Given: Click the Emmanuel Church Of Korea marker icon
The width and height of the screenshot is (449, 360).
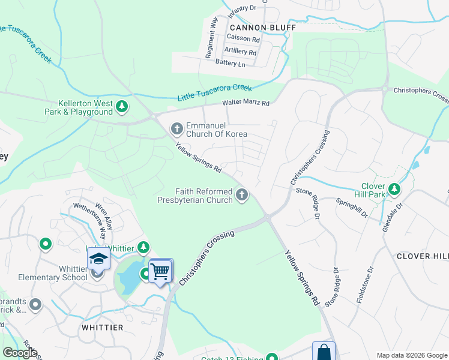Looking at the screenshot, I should [176, 128].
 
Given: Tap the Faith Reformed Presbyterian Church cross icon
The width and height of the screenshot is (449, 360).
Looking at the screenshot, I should [242, 194].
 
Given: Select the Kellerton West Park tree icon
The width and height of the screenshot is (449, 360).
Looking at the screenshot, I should [122, 107].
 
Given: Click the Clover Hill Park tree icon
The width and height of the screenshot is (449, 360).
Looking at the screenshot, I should [394, 190].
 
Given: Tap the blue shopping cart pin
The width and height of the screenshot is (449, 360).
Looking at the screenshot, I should [160, 271].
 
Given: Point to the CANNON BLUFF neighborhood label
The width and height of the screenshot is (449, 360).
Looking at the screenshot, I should [262, 28].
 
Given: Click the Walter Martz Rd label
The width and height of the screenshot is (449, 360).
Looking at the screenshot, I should [246, 103].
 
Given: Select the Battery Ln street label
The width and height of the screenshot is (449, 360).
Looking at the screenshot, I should [231, 64].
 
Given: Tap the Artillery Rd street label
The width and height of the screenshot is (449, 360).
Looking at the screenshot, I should [240, 52].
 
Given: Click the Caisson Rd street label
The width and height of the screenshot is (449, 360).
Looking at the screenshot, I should [243, 39].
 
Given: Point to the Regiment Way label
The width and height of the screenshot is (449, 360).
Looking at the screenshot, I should [211, 37].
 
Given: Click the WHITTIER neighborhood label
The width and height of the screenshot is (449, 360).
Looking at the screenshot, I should [103, 328].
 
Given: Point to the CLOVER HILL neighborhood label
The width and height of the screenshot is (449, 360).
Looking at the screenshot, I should [422, 256].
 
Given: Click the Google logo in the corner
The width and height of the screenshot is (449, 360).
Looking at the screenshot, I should [20, 353].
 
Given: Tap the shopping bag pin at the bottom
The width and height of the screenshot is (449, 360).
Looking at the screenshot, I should [324, 351].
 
